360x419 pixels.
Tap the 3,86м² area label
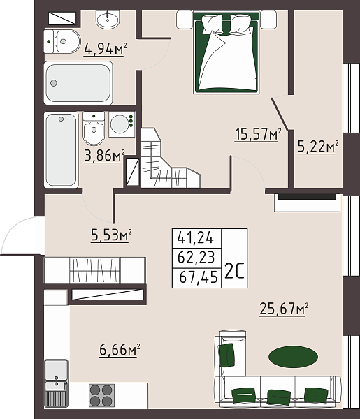coord(104,155)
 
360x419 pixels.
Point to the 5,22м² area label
coord(317,147)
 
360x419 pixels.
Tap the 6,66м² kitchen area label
coord(117,348)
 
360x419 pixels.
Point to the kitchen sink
coord(56,369)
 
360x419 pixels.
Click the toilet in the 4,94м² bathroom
coord(62,41)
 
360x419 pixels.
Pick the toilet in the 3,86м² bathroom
coord(93,129)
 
